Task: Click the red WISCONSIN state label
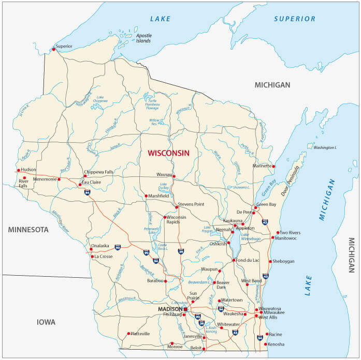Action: [168, 153]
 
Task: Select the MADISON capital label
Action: [170, 309]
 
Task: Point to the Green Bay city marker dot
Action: [256, 207]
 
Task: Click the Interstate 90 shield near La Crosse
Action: [118, 248]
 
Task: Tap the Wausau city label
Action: [165, 174]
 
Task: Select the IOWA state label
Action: [46, 322]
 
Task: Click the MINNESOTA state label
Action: [28, 229]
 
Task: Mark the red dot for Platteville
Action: [128, 334]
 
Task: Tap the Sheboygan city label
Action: [283, 261]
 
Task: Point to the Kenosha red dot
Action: [266, 344]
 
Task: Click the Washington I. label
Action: [325, 147]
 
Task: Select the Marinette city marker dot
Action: [273, 167]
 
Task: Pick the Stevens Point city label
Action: [191, 204]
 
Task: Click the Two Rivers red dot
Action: [278, 233]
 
